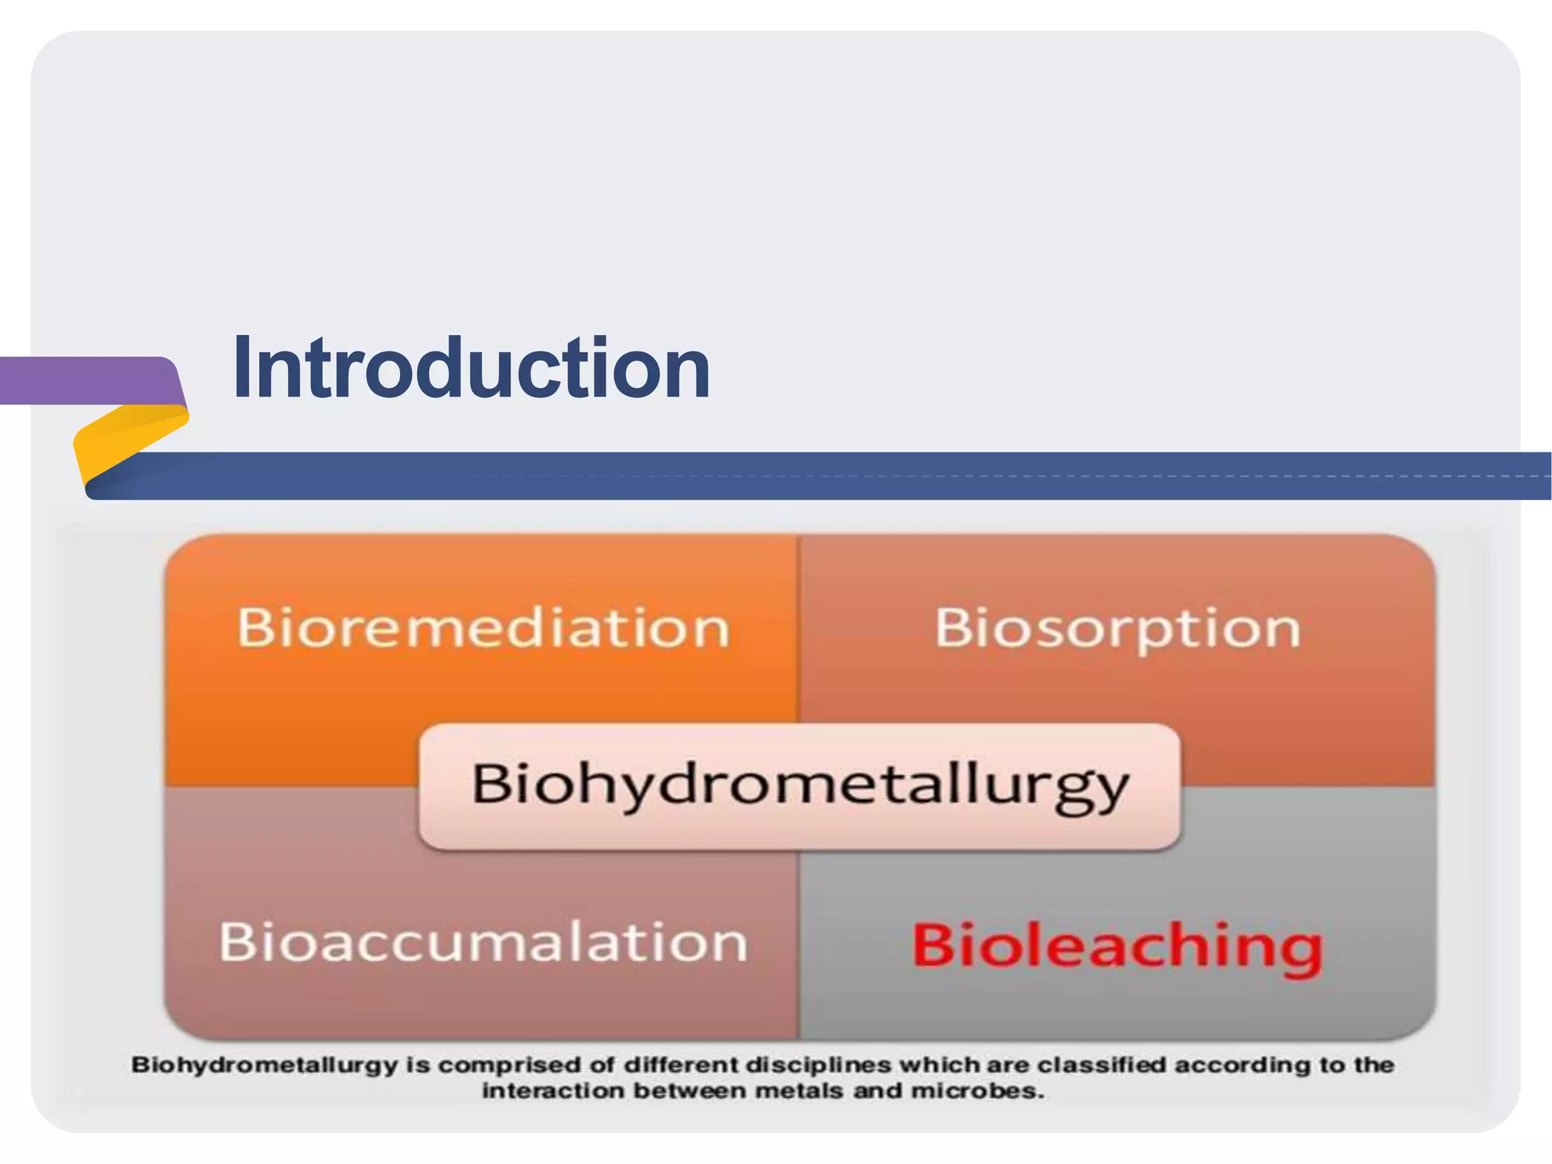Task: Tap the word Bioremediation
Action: point(483,627)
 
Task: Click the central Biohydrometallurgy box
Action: point(799,785)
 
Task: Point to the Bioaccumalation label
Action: point(483,942)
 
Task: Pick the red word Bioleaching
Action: point(1117,945)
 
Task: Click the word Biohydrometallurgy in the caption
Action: point(264,1065)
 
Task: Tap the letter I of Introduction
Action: point(242,368)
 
